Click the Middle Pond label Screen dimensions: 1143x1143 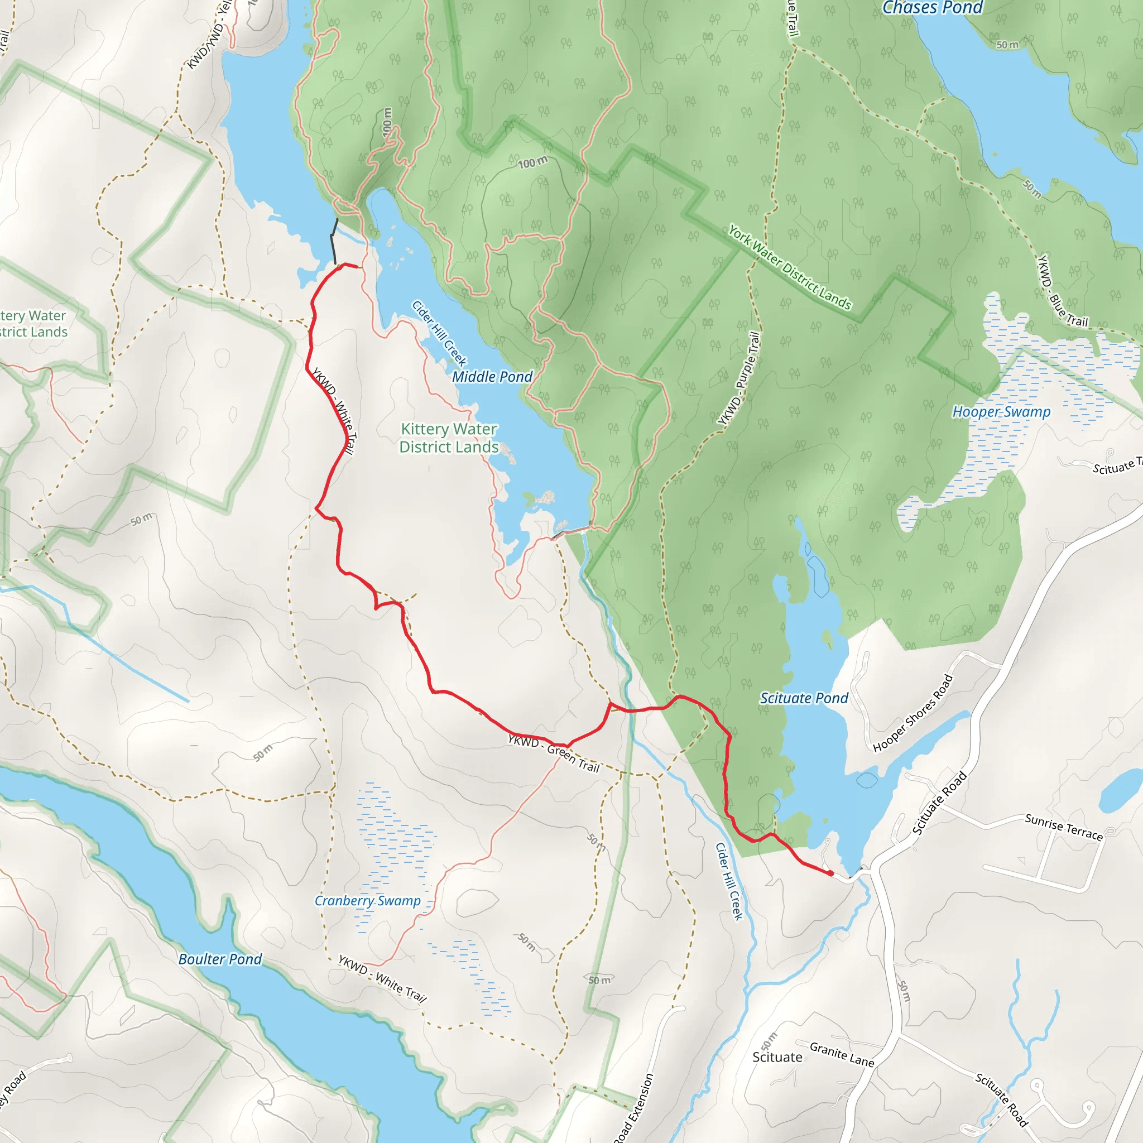tap(492, 377)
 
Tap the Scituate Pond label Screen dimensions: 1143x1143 tap(804, 698)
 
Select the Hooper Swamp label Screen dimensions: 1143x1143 tap(1001, 412)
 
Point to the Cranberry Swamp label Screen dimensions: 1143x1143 tap(367, 900)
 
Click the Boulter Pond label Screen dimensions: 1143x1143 tap(220, 959)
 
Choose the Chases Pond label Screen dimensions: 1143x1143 tap(932, 8)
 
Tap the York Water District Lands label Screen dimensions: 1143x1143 tap(789, 267)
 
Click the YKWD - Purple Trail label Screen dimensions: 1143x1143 tap(738, 378)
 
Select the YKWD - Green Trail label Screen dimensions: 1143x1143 tap(554, 753)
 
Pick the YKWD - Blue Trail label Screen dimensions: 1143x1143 tap(1063, 291)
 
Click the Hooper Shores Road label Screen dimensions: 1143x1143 tap(913, 713)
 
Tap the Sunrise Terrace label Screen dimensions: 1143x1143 tap(1064, 827)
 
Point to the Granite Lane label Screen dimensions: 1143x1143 tap(842, 1054)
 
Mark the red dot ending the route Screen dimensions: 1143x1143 tap(830, 873)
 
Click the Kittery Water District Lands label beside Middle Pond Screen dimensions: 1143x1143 tap(449, 438)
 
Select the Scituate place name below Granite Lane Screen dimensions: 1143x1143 tap(777, 1057)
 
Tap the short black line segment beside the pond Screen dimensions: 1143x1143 tap(334, 241)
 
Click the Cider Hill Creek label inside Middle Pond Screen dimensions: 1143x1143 tap(439, 333)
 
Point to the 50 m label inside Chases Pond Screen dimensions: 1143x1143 tap(1007, 45)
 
